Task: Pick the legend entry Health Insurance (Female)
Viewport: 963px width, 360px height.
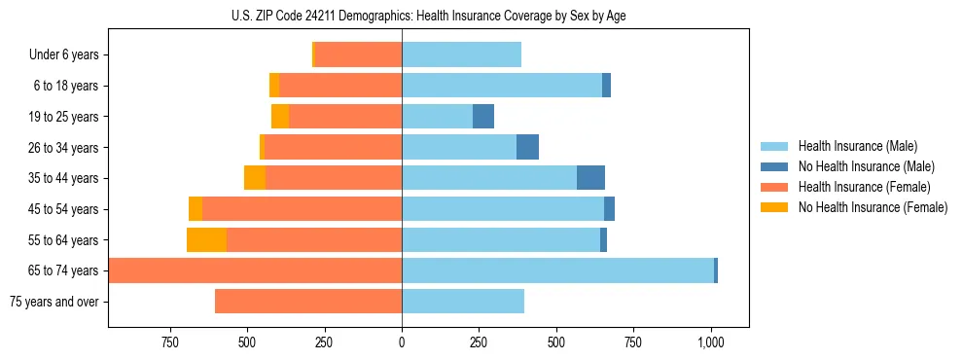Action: [x=857, y=187]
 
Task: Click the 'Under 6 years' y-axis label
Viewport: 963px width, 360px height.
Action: [x=64, y=55]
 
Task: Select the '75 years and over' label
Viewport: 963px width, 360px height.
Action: [x=53, y=302]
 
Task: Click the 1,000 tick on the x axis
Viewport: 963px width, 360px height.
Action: [x=710, y=342]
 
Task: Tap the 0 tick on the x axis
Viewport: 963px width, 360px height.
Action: [x=402, y=342]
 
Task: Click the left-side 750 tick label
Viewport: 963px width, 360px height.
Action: [x=170, y=342]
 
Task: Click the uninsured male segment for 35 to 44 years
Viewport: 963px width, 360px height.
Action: [x=590, y=178]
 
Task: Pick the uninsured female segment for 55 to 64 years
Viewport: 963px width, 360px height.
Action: [x=206, y=240]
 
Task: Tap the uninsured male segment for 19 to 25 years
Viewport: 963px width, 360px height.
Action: [x=483, y=117]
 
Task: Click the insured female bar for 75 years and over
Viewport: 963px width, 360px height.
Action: [x=308, y=302]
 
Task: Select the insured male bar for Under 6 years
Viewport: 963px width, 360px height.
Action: [x=461, y=55]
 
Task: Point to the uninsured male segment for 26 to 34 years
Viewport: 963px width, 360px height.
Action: [x=527, y=148]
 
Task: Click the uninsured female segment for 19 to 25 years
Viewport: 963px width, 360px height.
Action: [x=280, y=117]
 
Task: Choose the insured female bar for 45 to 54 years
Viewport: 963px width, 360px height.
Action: [x=302, y=209]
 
